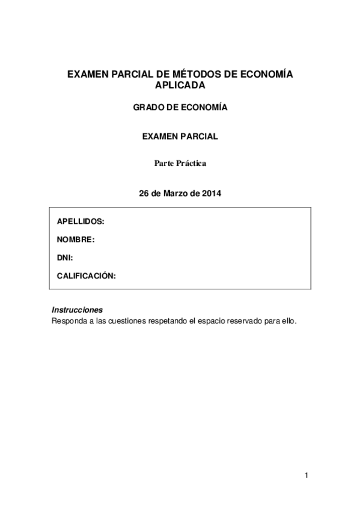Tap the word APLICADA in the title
[180, 85]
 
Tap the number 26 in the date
[144, 194]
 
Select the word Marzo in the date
[177, 194]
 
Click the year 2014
[212, 194]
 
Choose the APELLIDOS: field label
[81, 221]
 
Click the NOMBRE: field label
[76, 239]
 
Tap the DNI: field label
[65, 257]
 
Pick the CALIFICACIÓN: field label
[86, 275]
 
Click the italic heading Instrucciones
[78, 310]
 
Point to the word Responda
[68, 321]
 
